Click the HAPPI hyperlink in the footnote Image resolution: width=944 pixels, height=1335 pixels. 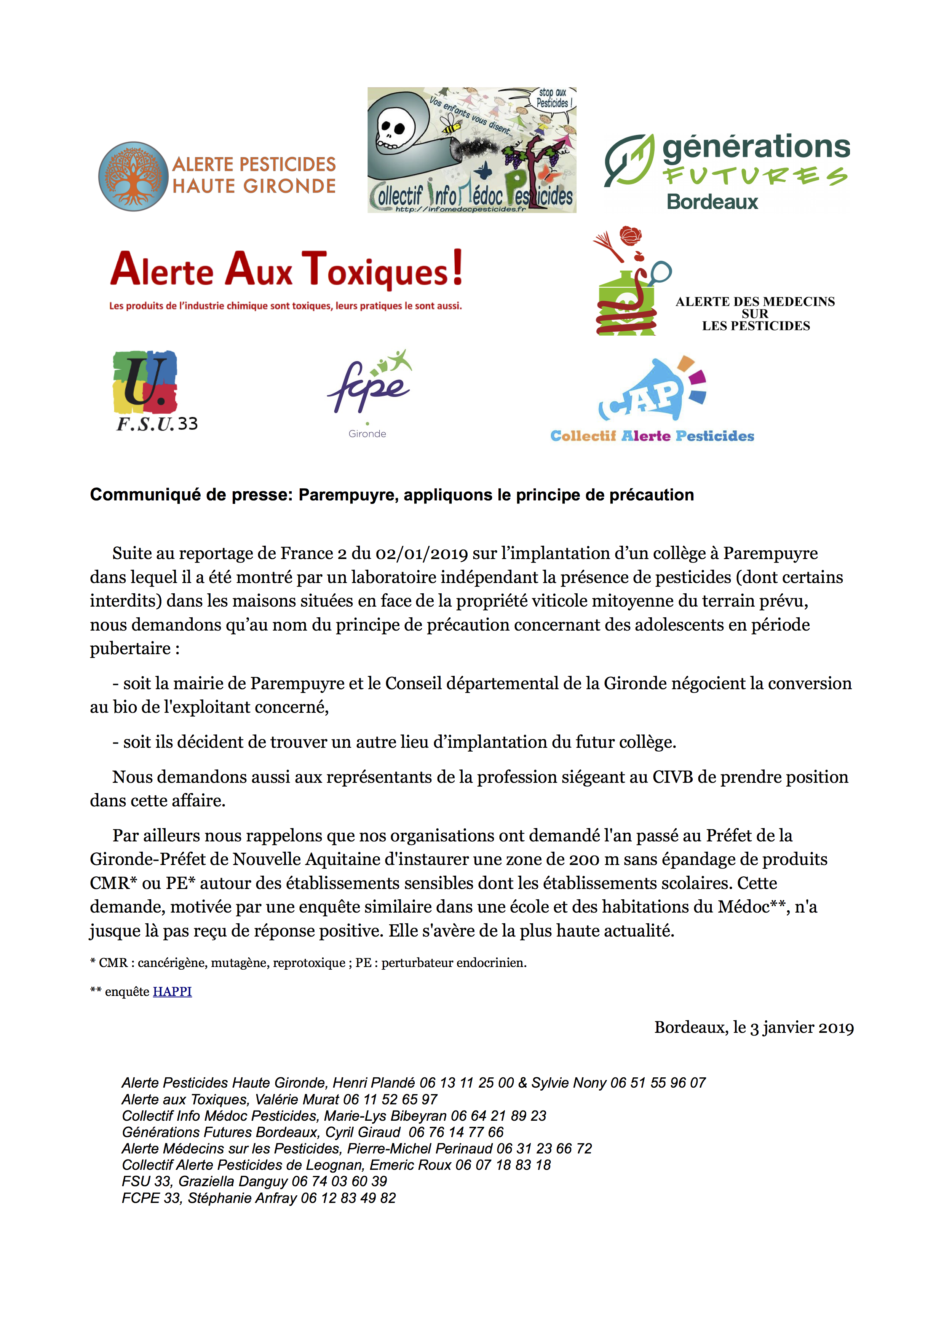coord(172,991)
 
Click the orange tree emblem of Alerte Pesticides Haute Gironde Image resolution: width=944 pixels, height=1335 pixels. coord(134,176)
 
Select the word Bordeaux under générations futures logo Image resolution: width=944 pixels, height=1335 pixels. coord(712,202)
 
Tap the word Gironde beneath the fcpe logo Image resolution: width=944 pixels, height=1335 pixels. coord(367,434)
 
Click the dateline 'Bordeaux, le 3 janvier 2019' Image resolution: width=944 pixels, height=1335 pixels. coord(754,1028)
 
